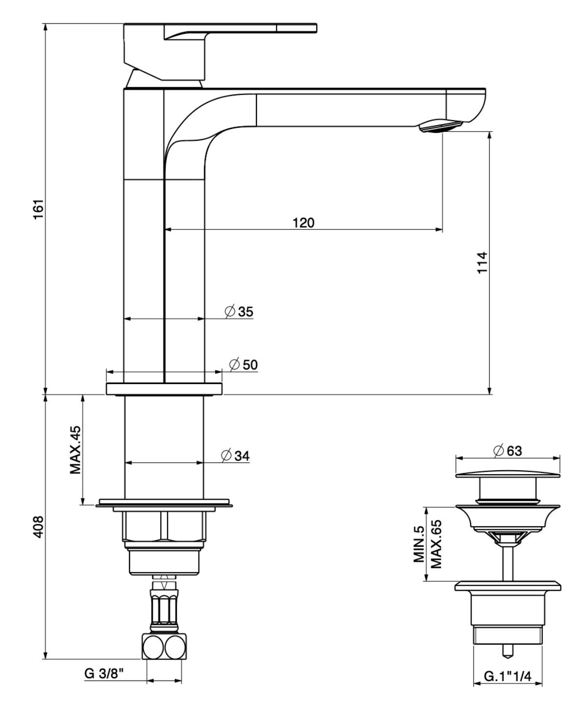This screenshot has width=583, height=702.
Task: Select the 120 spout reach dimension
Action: (x=303, y=223)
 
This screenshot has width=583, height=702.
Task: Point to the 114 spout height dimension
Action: (x=482, y=262)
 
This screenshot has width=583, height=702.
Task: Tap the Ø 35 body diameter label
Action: (x=239, y=312)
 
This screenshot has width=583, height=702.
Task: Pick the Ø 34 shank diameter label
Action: (x=236, y=456)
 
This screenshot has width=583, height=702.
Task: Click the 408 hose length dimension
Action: (x=39, y=526)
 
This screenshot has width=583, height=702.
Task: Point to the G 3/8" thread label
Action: (x=104, y=674)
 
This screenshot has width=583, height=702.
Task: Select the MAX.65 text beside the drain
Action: (x=435, y=544)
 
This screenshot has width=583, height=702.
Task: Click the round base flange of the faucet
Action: (x=164, y=389)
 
